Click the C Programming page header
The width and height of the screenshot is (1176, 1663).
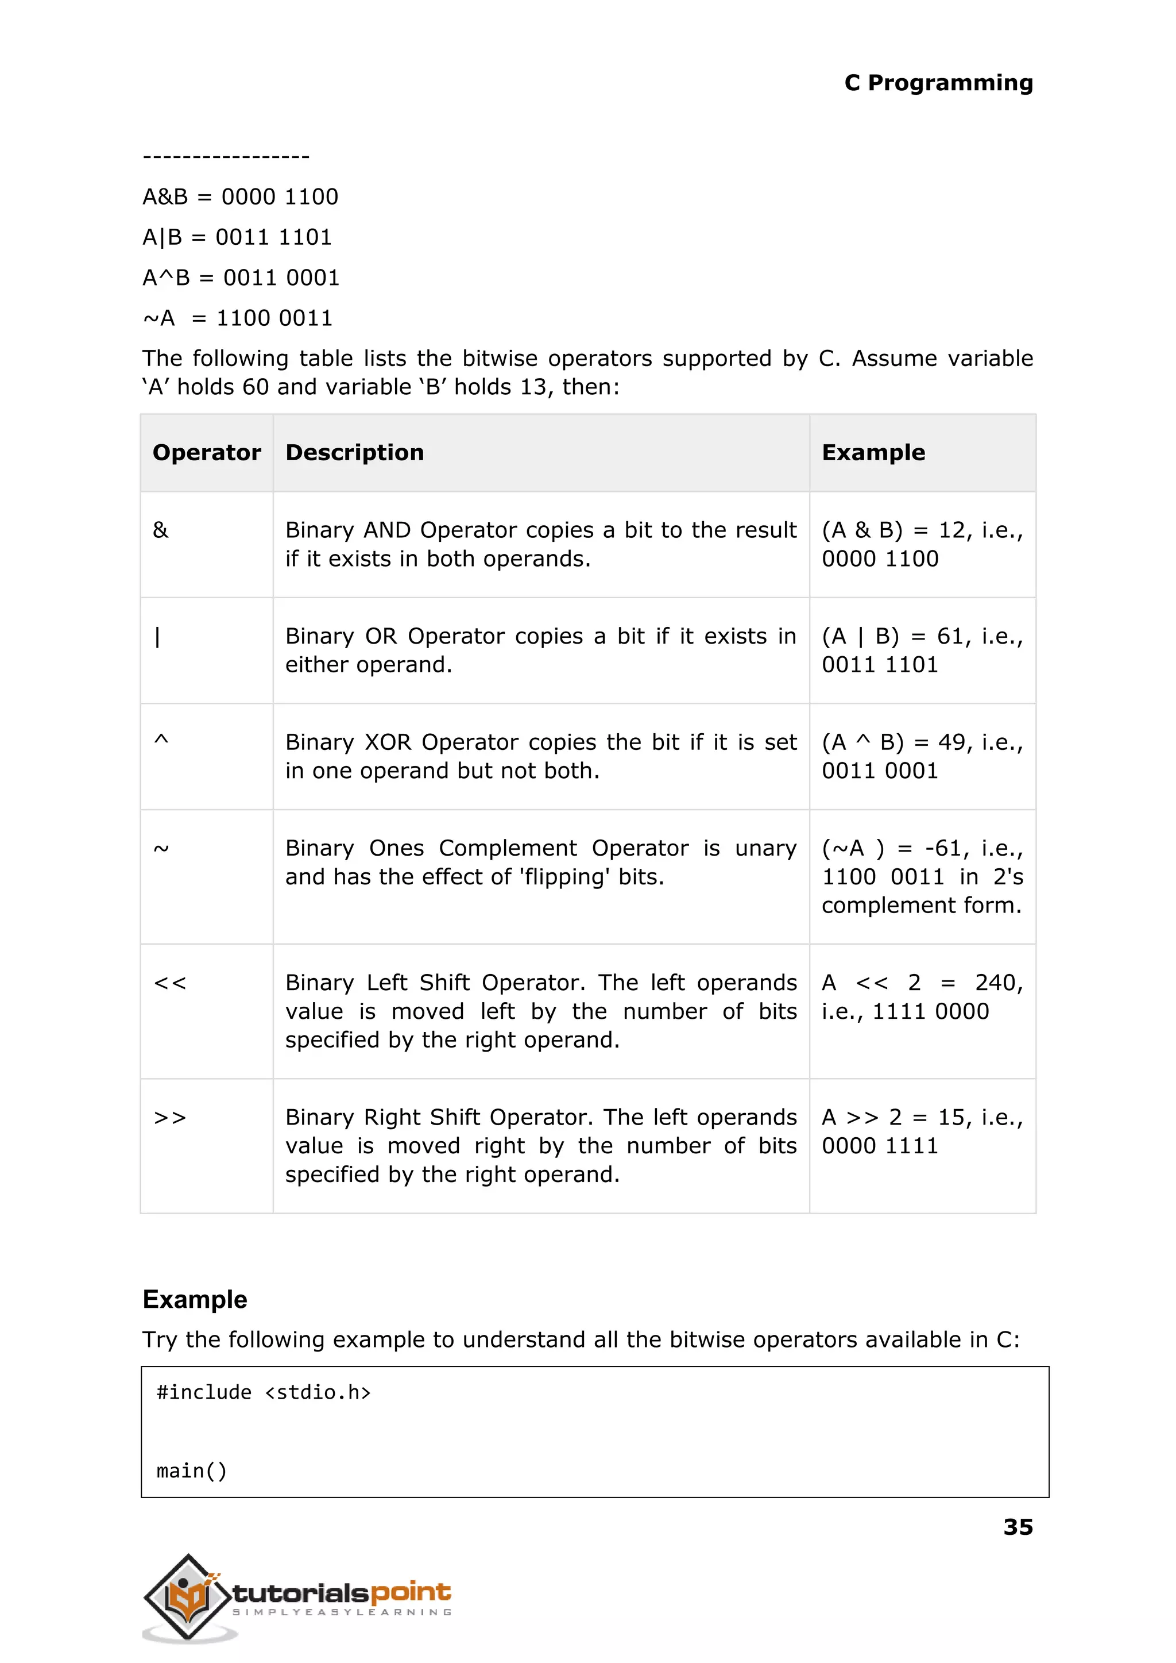(x=938, y=83)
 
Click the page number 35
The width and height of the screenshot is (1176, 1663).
(x=1018, y=1527)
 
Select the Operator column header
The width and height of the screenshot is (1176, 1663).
(x=206, y=452)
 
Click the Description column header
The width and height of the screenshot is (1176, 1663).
(x=354, y=452)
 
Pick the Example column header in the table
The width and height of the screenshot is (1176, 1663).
(x=873, y=452)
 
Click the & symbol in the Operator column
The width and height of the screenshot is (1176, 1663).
(x=161, y=530)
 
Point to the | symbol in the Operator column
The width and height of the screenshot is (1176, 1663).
(x=158, y=637)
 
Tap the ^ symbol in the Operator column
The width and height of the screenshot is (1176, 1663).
(x=161, y=740)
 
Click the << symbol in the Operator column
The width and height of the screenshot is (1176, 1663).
(x=170, y=983)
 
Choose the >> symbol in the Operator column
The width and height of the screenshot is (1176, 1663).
(x=170, y=1118)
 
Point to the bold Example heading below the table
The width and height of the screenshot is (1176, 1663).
(x=195, y=1299)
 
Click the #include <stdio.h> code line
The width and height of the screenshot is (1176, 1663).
(x=264, y=1392)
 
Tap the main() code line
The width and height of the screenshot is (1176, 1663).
(x=192, y=1470)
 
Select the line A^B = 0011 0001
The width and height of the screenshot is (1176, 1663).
(x=241, y=278)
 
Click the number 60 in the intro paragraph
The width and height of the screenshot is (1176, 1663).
(x=256, y=387)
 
